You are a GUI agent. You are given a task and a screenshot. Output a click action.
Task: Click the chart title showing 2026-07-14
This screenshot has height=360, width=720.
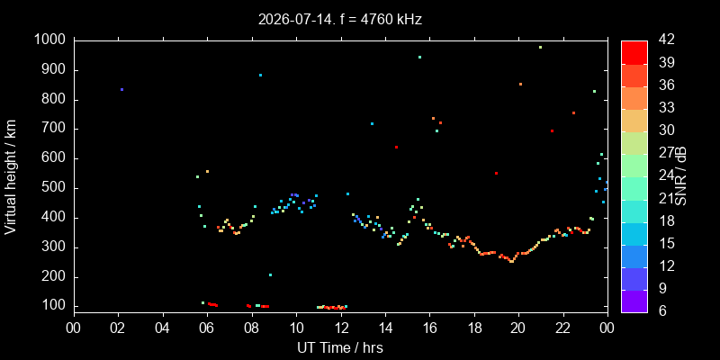point(340,19)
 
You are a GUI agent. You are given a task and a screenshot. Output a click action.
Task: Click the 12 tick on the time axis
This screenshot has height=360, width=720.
point(341,328)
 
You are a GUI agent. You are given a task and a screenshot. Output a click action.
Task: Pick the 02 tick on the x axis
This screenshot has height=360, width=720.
point(119,328)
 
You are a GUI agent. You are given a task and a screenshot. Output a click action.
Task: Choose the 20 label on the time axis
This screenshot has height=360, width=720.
point(519,328)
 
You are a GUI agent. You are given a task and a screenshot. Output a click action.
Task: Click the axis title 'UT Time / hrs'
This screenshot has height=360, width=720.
point(340,347)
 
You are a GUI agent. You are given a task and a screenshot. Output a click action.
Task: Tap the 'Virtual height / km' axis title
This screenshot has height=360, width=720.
point(11,176)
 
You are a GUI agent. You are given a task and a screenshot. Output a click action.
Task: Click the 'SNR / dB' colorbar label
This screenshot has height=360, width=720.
point(681,176)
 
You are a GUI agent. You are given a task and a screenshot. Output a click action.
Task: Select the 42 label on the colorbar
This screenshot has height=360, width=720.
point(666,40)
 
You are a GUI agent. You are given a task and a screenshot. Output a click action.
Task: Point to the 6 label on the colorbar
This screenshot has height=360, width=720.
point(661,310)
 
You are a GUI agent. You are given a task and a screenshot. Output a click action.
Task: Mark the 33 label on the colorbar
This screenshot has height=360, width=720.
point(666,108)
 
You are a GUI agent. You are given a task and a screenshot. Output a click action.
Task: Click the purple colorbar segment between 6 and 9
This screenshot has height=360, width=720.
point(634,301)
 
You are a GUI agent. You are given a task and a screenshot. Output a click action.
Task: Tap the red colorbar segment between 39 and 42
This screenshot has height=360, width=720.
point(634,52)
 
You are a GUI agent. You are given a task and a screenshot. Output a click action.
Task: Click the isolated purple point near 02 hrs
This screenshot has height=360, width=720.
point(121,89)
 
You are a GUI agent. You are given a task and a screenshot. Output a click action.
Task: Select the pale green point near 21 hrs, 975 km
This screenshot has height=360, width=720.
point(541,48)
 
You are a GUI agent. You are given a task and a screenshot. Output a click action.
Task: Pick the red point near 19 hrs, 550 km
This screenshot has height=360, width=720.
point(497,173)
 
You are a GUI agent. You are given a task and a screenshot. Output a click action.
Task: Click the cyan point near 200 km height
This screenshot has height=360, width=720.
point(271,275)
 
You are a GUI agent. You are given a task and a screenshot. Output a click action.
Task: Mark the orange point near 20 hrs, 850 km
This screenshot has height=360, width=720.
point(520,84)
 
